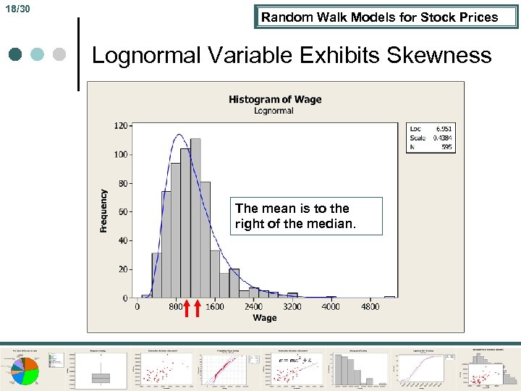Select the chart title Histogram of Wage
275,99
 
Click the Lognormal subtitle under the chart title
274,111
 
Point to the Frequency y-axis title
103,211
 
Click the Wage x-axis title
264,318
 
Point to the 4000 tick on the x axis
331,306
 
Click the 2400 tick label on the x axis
253,306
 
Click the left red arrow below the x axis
186,308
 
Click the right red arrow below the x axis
198,308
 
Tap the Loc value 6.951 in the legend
443,128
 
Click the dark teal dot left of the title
17,54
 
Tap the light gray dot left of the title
60,54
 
